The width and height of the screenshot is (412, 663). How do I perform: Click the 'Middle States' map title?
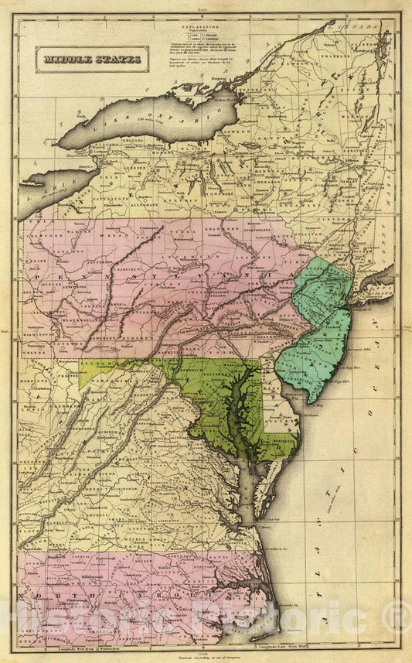tap(91, 58)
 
